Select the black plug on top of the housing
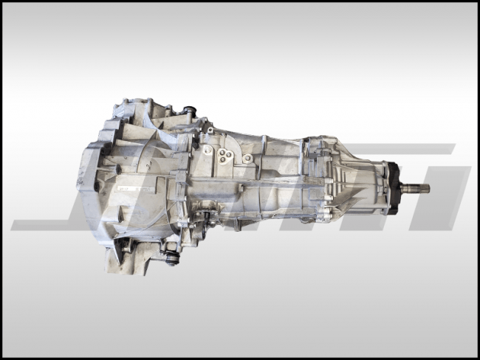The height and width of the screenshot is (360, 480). (x=190, y=113)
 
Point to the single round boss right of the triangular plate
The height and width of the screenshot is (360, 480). (x=247, y=158)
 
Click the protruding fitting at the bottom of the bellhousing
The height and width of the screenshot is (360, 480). (x=173, y=259)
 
